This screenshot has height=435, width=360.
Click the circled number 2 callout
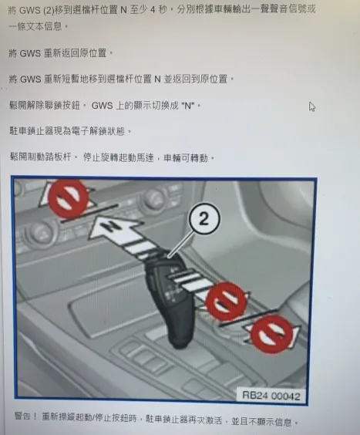click(x=204, y=221)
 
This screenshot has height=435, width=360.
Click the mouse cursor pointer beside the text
click(x=312, y=106)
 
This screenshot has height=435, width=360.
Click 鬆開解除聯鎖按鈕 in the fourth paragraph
click(x=45, y=105)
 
